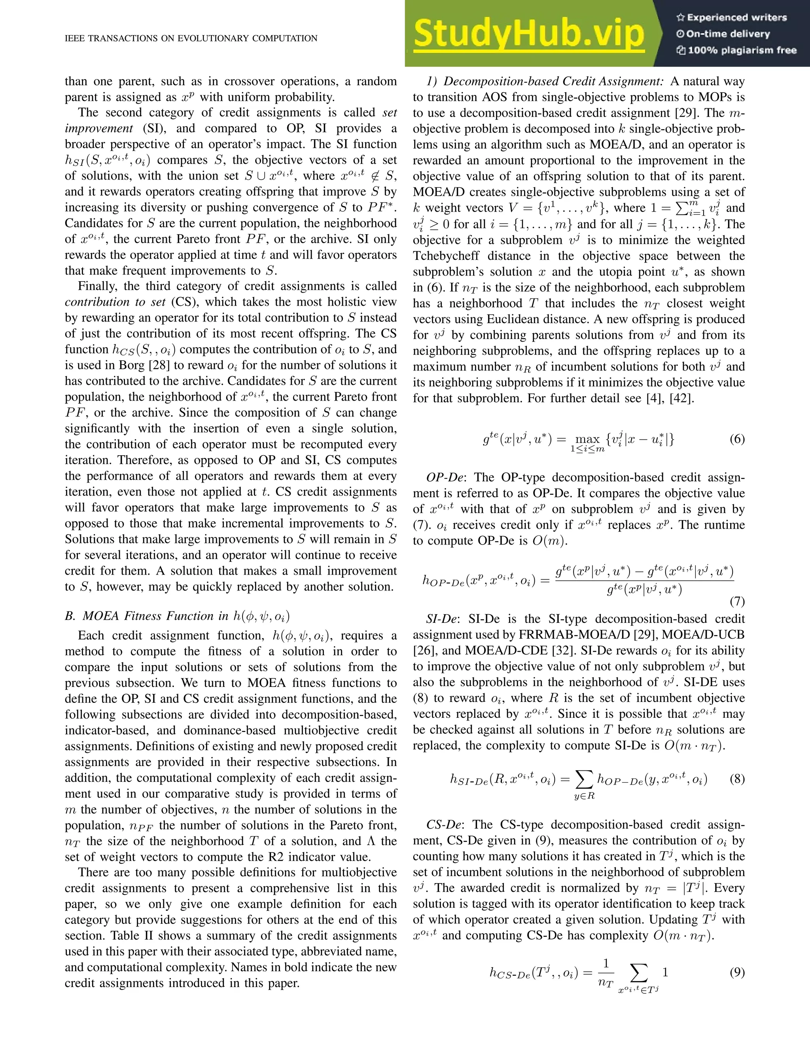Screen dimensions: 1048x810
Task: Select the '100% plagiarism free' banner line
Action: [736, 50]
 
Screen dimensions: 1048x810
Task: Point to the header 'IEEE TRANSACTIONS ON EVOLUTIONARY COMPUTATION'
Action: [191, 38]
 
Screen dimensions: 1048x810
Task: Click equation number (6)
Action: [736, 439]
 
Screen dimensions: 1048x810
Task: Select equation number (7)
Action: [736, 601]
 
